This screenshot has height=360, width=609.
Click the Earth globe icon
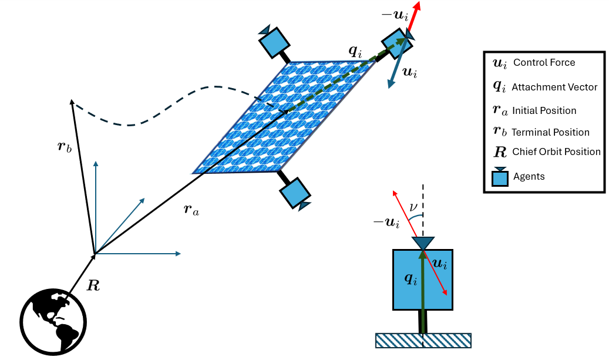53,322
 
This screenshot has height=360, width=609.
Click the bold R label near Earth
93,285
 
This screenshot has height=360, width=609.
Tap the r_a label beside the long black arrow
191,210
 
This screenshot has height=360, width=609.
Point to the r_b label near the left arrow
65,147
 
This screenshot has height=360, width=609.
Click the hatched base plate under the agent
423,340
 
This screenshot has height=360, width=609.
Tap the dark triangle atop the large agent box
423,243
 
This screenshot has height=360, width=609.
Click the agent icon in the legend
500,177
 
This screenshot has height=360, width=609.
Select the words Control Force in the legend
544,62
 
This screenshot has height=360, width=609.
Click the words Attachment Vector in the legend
554,87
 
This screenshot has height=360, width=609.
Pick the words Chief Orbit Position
556,152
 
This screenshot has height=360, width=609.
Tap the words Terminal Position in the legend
550,132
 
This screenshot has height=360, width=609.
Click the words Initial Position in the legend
544,110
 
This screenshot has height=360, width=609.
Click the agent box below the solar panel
295,192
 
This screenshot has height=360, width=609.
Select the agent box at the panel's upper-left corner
274,42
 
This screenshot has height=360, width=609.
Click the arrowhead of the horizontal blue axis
179,254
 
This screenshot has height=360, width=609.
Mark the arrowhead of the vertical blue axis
96,163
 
